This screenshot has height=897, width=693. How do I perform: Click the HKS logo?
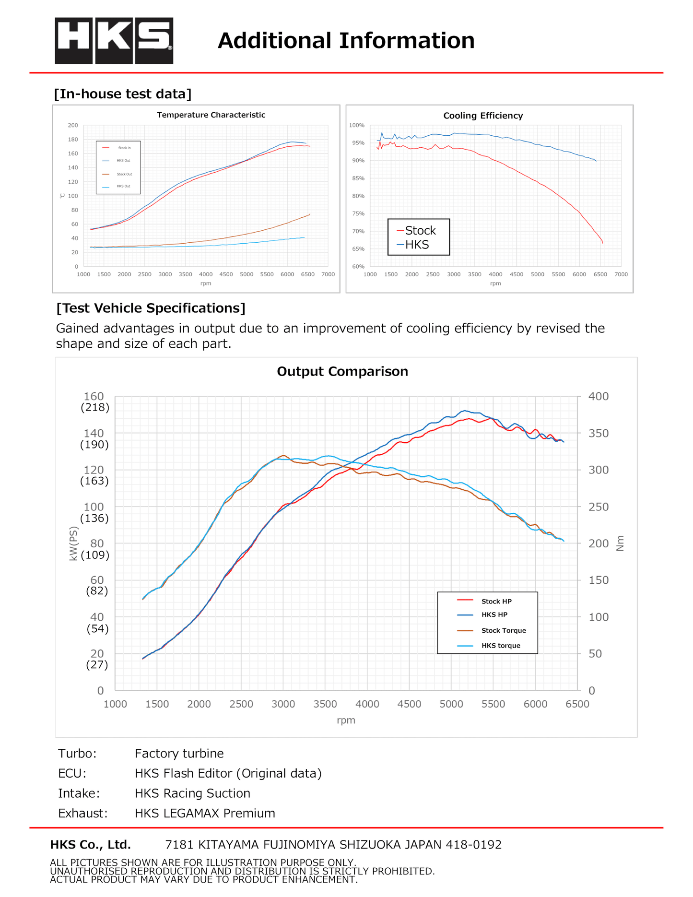click(x=114, y=41)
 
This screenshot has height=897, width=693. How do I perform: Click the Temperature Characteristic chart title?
click(x=211, y=115)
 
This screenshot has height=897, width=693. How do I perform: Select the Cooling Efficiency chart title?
click(x=483, y=116)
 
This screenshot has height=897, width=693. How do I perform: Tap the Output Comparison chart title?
click(x=342, y=372)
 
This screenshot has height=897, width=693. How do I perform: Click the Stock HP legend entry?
click(x=496, y=602)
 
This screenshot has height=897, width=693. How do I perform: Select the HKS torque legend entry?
click(x=500, y=646)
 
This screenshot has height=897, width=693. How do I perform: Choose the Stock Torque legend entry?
click(x=503, y=631)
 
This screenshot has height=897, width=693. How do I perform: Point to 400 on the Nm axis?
click(x=599, y=397)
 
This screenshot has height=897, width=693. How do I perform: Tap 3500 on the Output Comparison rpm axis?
click(x=325, y=704)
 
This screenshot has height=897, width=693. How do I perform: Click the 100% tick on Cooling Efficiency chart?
click(x=357, y=126)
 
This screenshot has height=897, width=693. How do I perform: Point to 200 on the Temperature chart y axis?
click(x=73, y=126)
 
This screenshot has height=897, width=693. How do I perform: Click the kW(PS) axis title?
click(x=73, y=543)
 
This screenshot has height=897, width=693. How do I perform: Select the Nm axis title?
click(x=620, y=543)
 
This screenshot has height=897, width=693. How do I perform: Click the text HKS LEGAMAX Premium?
click(x=205, y=814)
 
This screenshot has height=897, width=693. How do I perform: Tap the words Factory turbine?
click(x=179, y=754)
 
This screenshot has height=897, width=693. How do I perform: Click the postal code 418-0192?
click(x=473, y=845)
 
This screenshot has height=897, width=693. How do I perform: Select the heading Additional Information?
click(x=346, y=41)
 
